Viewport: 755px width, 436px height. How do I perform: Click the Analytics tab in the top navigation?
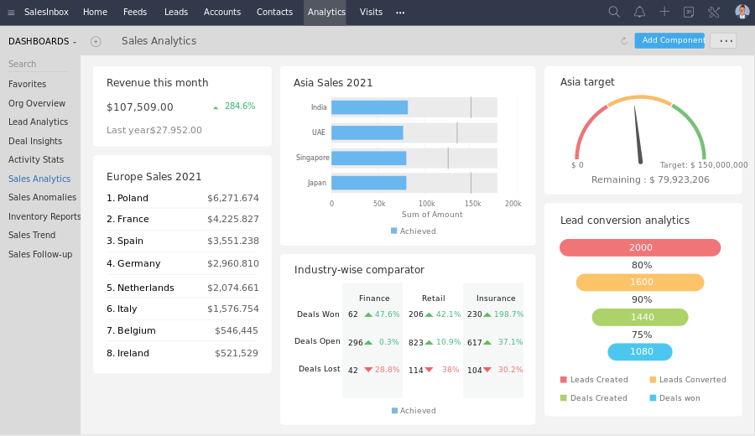coord(326,12)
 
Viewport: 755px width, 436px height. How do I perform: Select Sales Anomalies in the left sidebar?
coord(42,198)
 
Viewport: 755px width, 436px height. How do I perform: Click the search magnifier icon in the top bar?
coord(614,12)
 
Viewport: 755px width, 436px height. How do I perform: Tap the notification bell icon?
coord(639,12)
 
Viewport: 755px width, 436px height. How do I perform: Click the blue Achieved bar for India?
coord(369,107)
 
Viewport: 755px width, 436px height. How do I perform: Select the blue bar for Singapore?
coord(368,158)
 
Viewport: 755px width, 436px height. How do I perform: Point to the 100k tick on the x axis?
coord(426,204)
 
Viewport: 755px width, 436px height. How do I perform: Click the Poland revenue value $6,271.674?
coord(233,199)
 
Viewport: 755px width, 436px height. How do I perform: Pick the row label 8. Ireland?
coord(128,354)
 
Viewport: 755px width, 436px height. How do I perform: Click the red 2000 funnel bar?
coord(640,247)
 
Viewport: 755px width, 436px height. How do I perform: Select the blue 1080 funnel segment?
coord(640,352)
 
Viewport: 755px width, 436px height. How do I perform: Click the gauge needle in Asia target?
coord(638,134)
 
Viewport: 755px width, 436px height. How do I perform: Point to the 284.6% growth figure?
coord(239,106)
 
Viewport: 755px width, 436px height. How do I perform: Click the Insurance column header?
coord(496,298)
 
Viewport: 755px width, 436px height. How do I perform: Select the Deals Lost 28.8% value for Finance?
coord(387,370)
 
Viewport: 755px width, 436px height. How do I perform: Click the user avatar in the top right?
coord(742,12)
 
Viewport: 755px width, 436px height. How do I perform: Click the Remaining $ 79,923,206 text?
coord(650,179)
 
